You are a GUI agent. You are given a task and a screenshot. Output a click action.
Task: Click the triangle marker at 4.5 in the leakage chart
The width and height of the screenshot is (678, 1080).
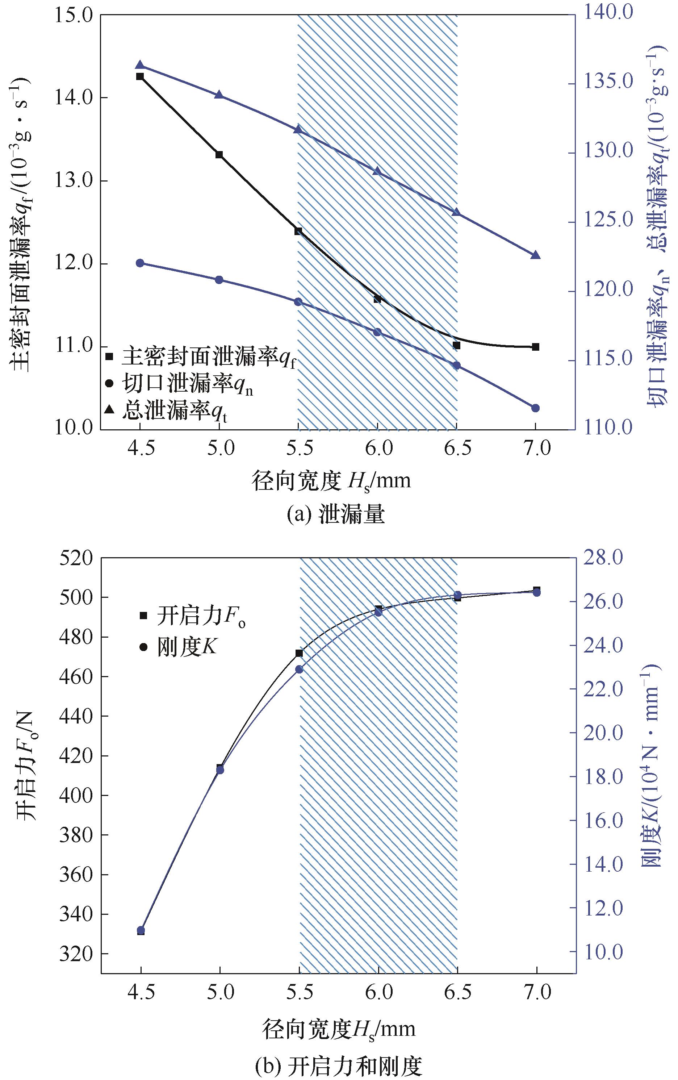coord(140,65)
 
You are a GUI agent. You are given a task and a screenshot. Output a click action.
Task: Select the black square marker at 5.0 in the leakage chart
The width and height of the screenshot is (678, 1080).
coord(219,155)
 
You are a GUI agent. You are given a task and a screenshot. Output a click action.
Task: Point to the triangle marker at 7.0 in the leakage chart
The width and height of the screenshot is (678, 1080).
coord(535,255)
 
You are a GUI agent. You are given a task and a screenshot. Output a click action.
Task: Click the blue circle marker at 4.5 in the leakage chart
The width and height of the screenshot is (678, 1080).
coord(140,263)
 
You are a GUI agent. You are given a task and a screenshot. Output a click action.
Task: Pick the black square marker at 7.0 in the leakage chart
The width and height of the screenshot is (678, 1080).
coord(535,347)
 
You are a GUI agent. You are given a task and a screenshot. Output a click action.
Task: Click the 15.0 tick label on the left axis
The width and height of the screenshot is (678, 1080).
coord(74,16)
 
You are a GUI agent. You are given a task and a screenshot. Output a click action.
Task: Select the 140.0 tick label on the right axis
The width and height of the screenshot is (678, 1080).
coord(608,12)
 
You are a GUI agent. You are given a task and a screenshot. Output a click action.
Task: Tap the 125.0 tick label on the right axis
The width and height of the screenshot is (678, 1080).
coord(608,220)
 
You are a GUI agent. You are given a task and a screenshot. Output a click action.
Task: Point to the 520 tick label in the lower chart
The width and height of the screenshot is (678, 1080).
coord(76,559)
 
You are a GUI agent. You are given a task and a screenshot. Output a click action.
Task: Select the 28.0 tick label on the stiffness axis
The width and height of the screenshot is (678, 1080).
coord(603,558)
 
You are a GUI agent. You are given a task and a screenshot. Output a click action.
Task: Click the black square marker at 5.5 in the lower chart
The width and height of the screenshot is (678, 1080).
coord(299,653)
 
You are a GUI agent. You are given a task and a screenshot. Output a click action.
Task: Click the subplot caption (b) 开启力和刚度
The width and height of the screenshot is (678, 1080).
coord(338,1067)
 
